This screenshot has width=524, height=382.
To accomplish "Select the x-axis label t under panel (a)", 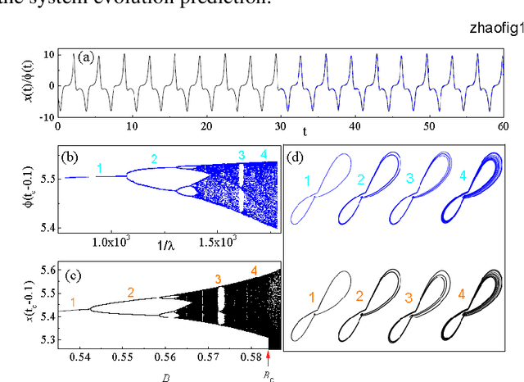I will pyautogui.click(x=303, y=131).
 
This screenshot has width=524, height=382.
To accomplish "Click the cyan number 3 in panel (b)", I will pyautogui.click(x=242, y=155).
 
